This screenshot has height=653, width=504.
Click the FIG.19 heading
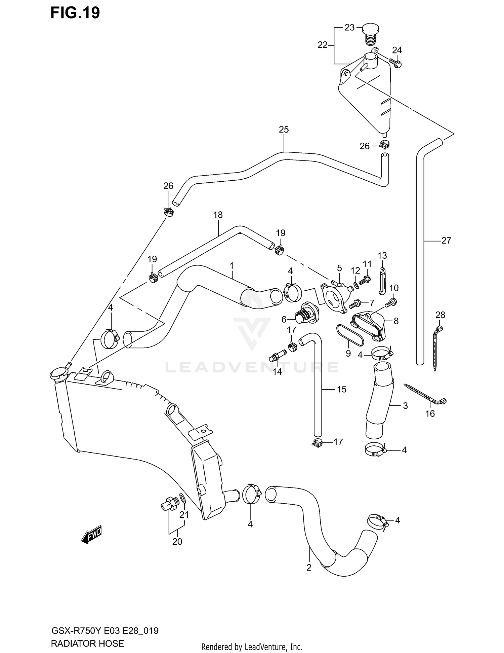pyautogui.click(x=75, y=13)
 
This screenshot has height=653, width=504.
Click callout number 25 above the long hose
pyautogui.click(x=284, y=130)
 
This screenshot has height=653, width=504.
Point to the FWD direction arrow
pyautogui.click(x=91, y=534)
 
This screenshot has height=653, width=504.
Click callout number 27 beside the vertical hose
pyautogui.click(x=446, y=240)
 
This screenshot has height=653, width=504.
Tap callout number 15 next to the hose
pyautogui.click(x=341, y=389)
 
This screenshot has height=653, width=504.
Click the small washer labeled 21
pyautogui.click(x=182, y=498)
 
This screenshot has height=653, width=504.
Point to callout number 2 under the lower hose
pyautogui.click(x=309, y=568)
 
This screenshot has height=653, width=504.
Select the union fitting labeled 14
pyautogui.click(x=278, y=355)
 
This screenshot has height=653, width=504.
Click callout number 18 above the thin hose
pyautogui.click(x=218, y=215)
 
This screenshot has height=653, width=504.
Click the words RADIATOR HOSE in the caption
pyautogui.click(x=87, y=643)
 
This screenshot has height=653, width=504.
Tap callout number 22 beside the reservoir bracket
pyautogui.click(x=322, y=45)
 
